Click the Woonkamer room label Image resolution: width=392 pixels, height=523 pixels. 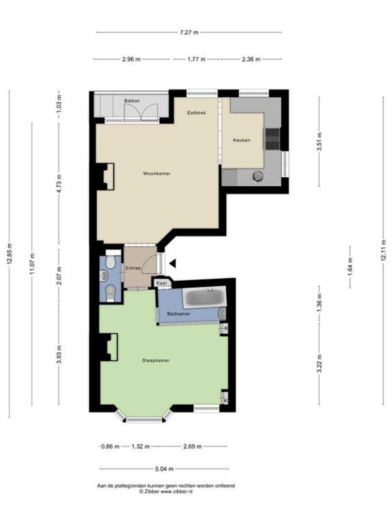[x=156, y=174]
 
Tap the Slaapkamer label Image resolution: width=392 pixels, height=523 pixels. [x=156, y=360]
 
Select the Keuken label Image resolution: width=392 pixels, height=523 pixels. [x=241, y=140]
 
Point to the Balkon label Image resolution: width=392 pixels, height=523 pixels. [x=132, y=101]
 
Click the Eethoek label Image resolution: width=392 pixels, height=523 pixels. [x=197, y=113]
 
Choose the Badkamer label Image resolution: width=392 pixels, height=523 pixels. [x=179, y=314]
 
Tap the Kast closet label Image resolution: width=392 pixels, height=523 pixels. [x=162, y=283]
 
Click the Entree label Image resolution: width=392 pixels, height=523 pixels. [x=133, y=268]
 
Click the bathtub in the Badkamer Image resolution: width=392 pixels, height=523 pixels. [x=204, y=298]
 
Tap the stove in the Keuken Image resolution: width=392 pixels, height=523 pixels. [x=272, y=139]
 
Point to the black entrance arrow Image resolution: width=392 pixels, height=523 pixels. [x=172, y=264]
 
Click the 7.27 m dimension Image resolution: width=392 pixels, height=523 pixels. [x=189, y=32]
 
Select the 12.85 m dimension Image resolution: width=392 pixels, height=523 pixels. [x=9, y=254]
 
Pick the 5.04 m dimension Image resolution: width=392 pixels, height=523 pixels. [x=164, y=469]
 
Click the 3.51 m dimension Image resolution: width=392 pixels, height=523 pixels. [x=319, y=142]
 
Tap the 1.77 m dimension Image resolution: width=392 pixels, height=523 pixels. [x=197, y=60]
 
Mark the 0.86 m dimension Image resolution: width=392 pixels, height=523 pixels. [x=110, y=446]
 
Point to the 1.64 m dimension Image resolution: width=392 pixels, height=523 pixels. [x=350, y=267]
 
